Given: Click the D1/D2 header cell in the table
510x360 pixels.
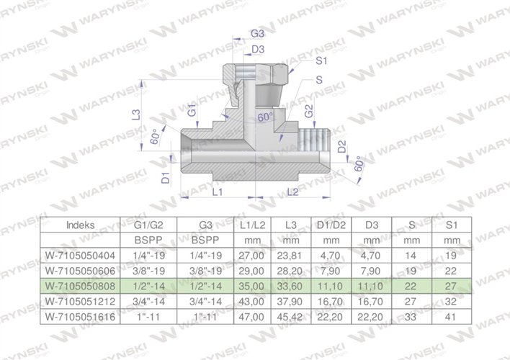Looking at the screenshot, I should coord(328,225).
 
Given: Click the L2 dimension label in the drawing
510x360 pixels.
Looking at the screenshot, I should coord(293,192).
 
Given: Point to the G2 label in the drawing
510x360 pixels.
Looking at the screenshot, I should coord(308,112).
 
